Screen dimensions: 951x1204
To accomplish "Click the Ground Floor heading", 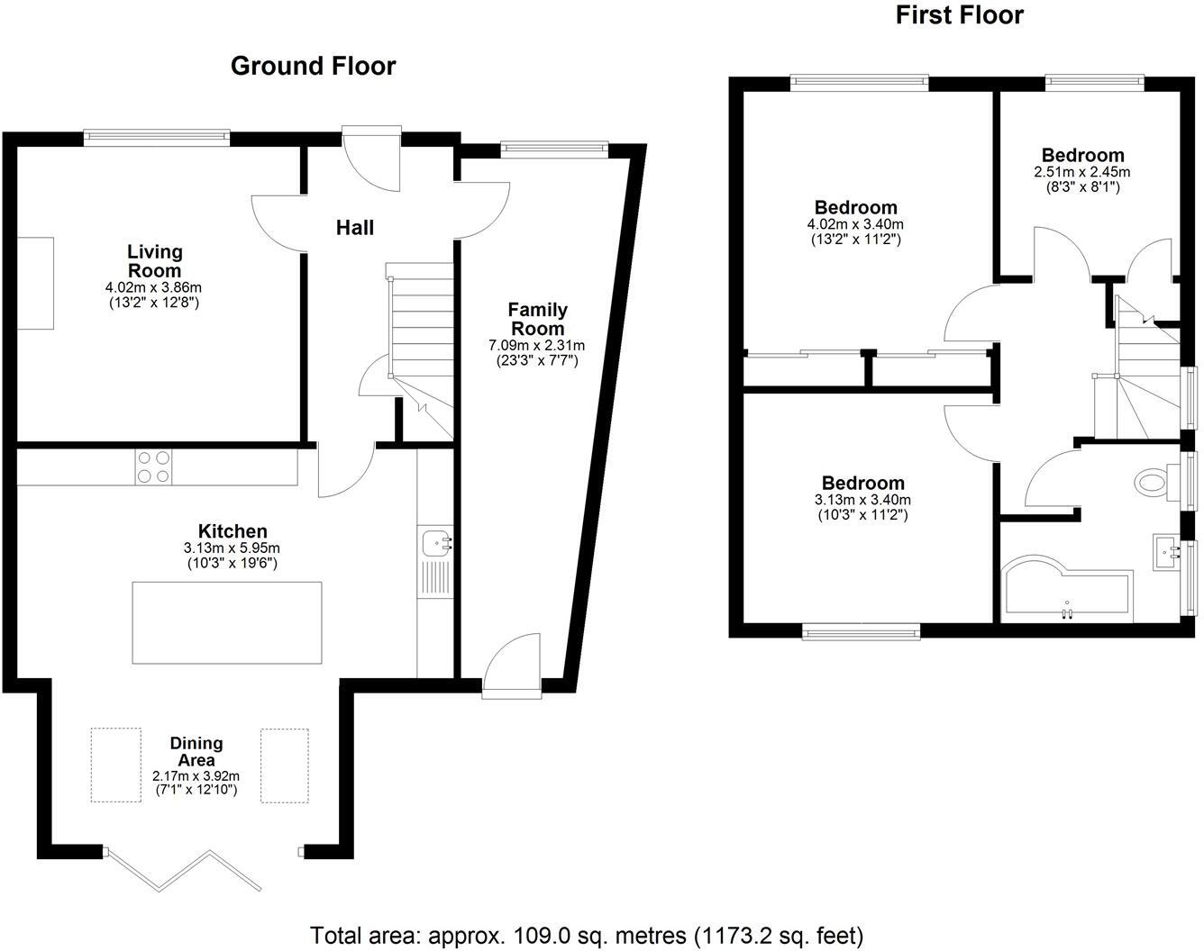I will (313, 66).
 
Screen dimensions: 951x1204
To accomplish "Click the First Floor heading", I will (959, 15).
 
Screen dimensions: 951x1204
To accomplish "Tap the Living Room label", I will (154, 261).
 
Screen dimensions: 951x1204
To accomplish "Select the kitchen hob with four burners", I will (153, 466).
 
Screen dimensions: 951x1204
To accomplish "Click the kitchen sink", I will (436, 543).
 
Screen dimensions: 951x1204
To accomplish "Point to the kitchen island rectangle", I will (226, 622).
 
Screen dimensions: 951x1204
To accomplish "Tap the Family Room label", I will (537, 319).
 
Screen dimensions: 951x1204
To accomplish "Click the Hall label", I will (355, 228).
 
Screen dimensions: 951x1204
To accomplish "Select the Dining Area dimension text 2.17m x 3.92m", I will (196, 775).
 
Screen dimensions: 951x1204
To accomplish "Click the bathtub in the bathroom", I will (1065, 594).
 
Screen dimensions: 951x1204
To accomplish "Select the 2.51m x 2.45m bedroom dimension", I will (1081, 172).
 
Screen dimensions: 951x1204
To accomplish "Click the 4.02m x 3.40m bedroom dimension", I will (855, 224).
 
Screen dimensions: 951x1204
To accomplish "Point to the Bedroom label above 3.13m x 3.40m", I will (862, 483).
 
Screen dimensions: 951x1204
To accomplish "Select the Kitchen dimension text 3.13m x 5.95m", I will (233, 548).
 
